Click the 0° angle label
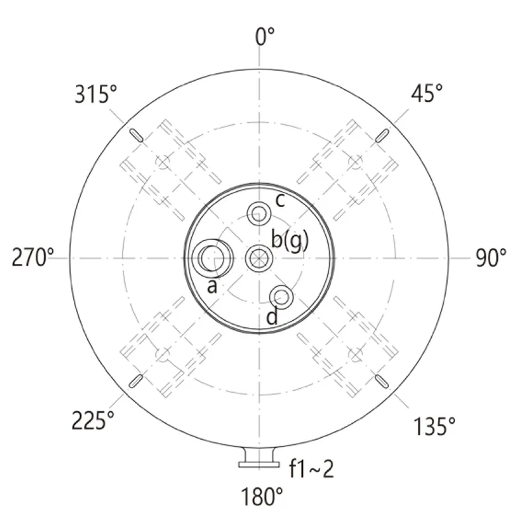pos(265,36)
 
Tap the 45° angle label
pos(427,93)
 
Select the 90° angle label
pos(491,258)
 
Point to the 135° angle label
pos(434,426)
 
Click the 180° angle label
pos(262,497)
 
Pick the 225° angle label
pos(93,421)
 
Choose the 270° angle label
pos(32,257)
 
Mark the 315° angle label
pos(96,94)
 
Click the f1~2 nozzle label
pos(311,468)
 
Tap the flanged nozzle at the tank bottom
pos(259,458)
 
